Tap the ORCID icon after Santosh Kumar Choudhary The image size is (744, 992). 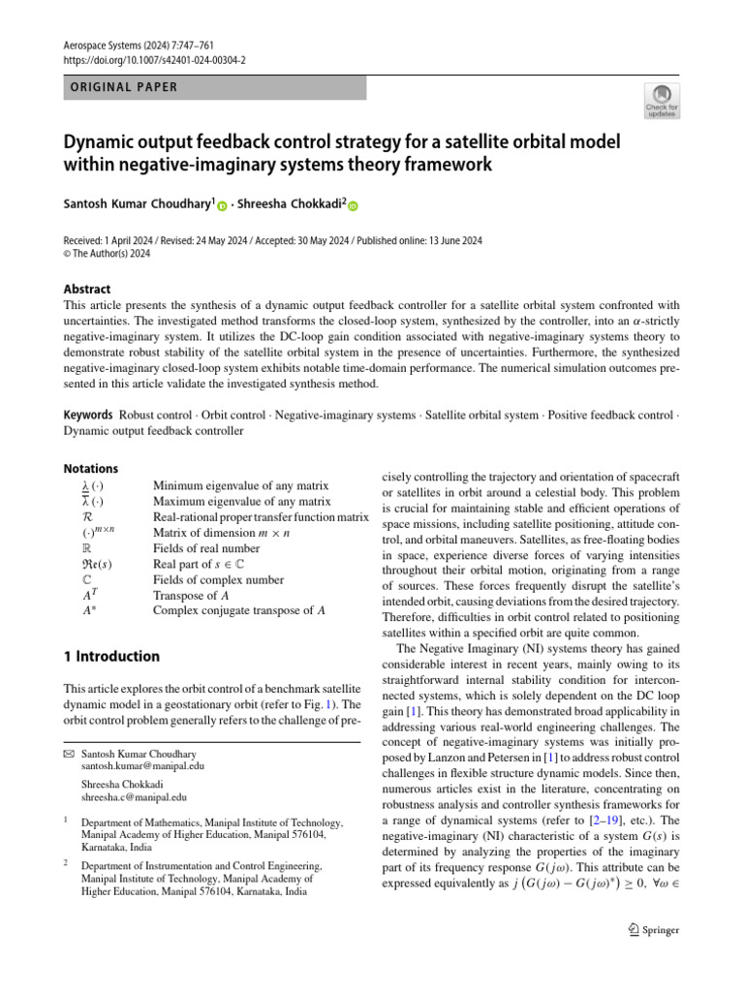(x=223, y=204)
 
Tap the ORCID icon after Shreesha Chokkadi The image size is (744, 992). (x=353, y=204)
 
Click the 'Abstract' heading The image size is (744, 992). (x=87, y=289)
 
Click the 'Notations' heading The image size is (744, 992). (x=90, y=468)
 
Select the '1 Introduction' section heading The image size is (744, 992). (x=112, y=657)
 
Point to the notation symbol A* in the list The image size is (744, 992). (x=89, y=611)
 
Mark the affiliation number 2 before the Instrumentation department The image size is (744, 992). (x=65, y=860)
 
